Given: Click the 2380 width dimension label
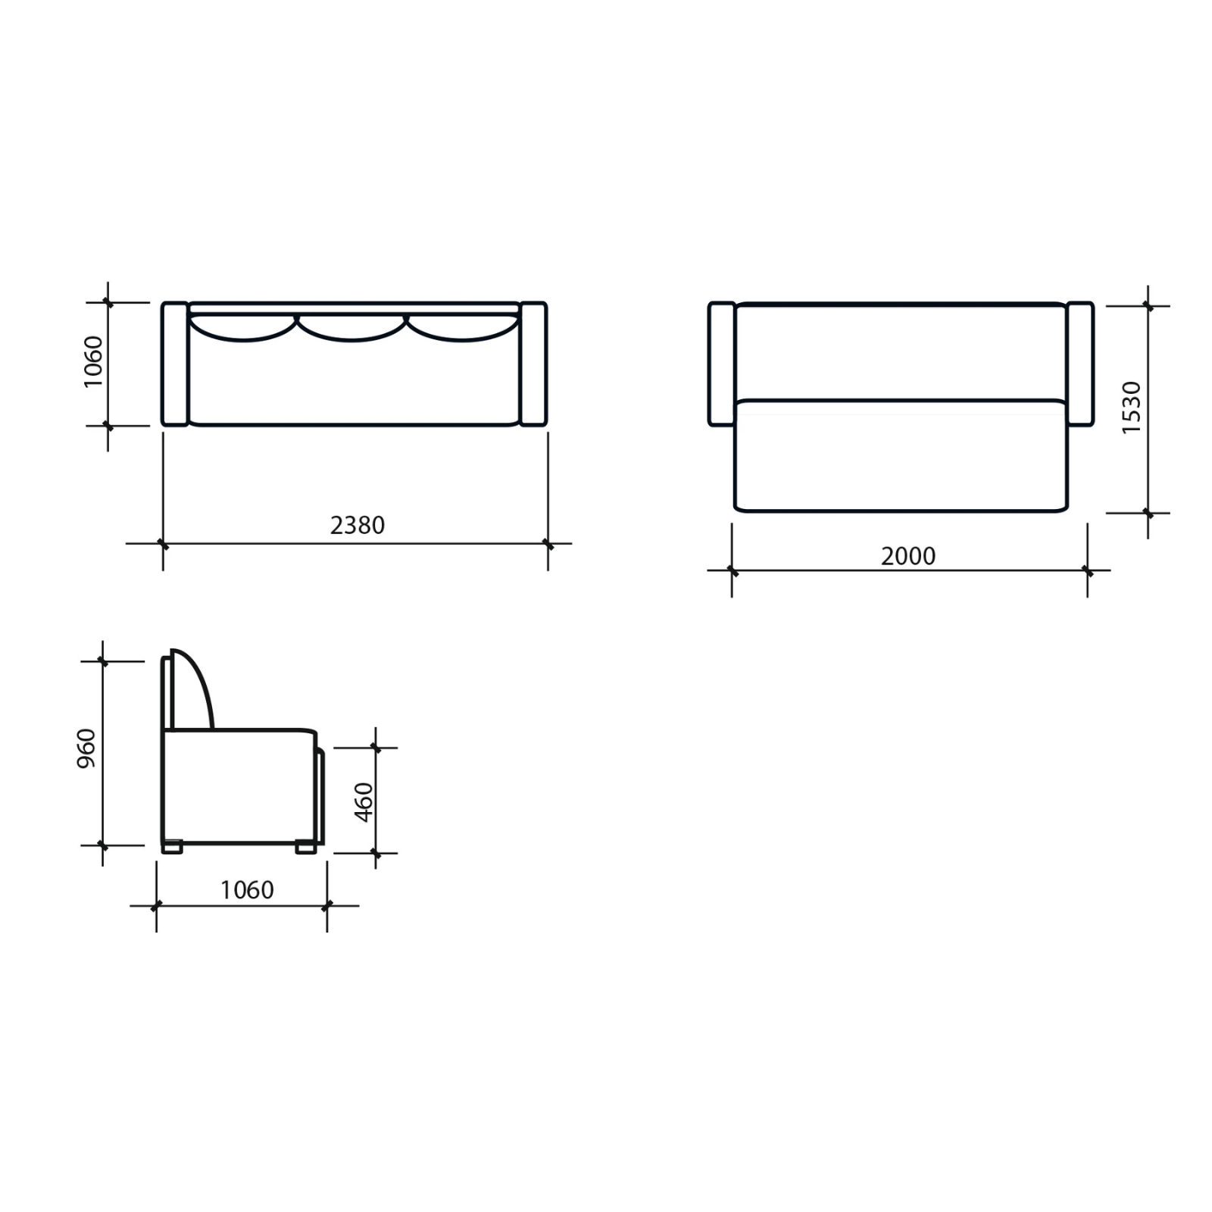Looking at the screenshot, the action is (358, 525).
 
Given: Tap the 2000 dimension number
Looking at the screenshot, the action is (908, 556).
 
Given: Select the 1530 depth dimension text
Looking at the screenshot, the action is (1131, 408).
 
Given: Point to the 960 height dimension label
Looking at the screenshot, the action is (87, 748).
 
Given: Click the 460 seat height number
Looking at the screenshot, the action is (364, 802).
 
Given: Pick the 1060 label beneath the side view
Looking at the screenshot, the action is (247, 889).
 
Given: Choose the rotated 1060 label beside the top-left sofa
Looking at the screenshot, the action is (92, 362).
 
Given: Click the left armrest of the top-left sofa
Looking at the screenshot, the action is (175, 364).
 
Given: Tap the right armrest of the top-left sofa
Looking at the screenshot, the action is (533, 364).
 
